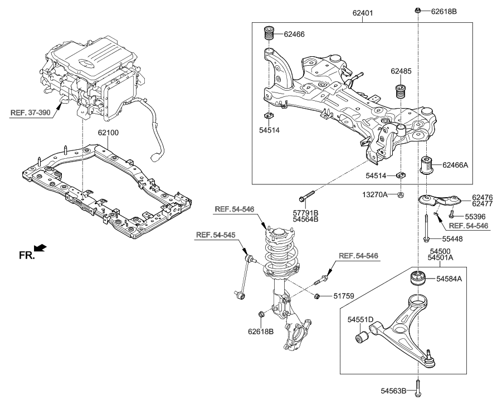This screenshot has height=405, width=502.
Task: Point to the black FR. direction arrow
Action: coord(41,247)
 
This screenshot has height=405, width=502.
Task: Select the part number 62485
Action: coord(401,71)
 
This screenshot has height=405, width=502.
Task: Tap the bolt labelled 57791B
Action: coord(308,197)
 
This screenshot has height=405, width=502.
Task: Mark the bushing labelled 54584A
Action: coord(419,277)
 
